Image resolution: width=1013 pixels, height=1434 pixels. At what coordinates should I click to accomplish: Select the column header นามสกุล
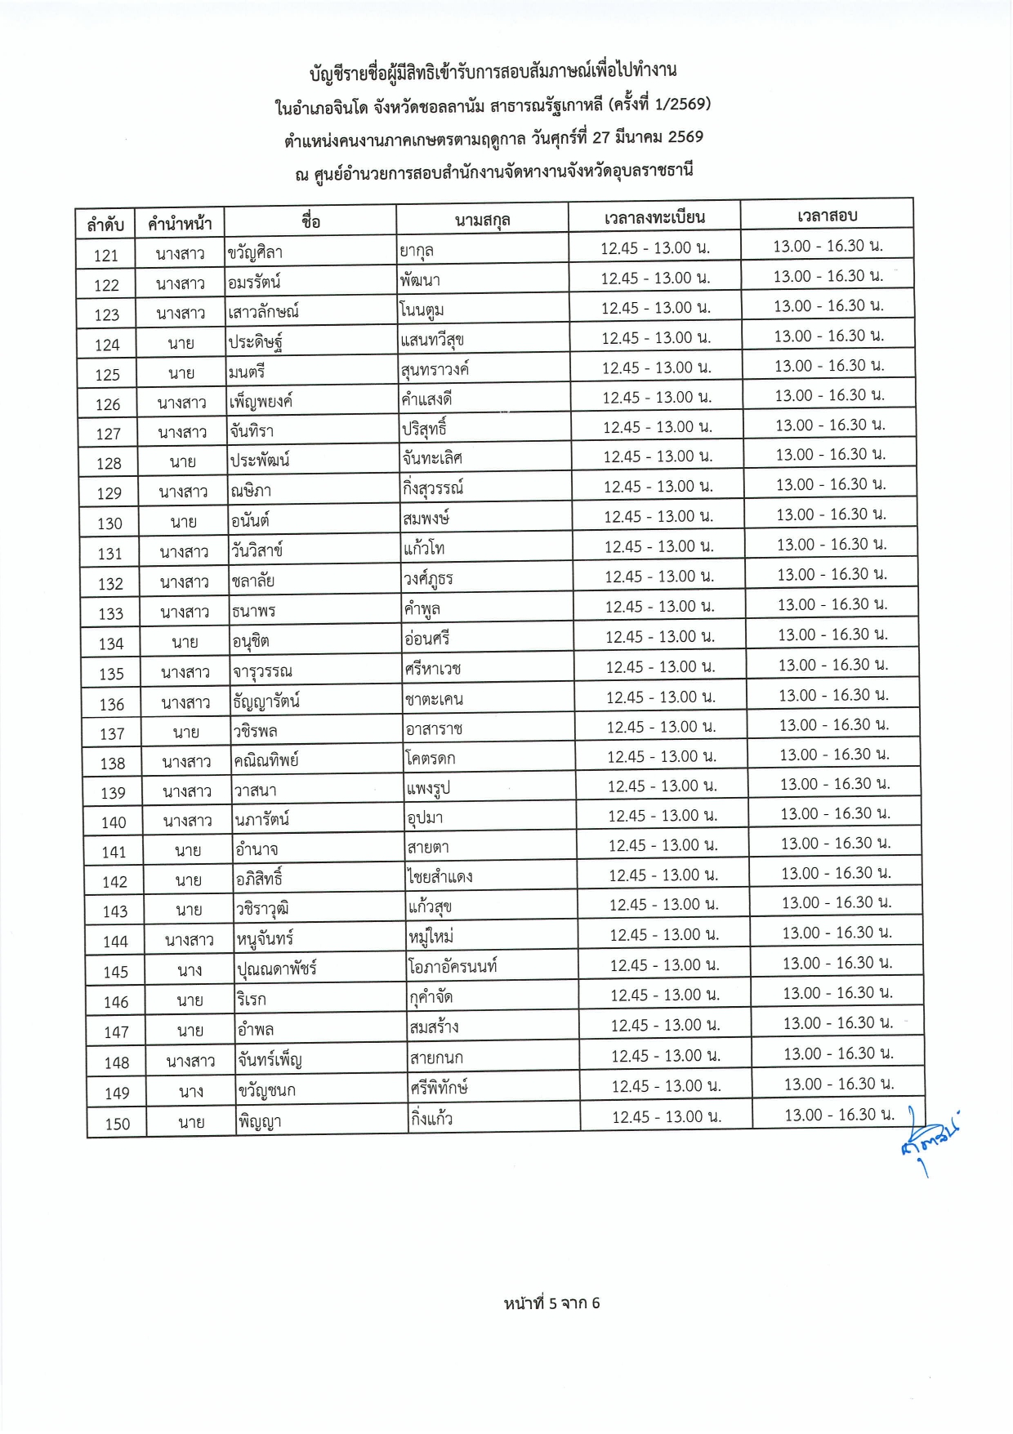pos(482,220)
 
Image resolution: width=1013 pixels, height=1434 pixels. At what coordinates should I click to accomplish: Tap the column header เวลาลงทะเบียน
pos(654,217)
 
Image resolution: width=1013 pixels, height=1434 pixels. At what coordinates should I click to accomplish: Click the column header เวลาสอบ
pos(827,216)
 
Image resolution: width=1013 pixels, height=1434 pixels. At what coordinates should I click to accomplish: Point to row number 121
pos(106,256)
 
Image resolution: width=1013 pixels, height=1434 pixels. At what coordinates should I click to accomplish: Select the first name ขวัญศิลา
pos(256,252)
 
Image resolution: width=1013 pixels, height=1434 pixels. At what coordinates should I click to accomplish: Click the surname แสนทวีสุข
pos(432,340)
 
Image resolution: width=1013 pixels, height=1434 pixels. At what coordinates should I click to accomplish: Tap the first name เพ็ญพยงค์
pos(261,401)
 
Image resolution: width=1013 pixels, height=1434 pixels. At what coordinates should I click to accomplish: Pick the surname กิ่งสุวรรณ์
pos(433,488)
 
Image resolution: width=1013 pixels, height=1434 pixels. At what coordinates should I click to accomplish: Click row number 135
pos(111,674)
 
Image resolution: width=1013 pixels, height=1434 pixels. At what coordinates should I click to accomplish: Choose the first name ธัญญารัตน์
pos(266,701)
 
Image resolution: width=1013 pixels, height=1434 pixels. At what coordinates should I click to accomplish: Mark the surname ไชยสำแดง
pos(440,877)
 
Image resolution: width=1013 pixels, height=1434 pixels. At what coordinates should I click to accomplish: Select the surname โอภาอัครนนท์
pos(453,967)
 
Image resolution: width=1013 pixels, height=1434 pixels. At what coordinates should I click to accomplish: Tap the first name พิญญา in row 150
pos(260,1121)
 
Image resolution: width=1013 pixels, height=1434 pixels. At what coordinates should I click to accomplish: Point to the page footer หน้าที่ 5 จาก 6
pos(551,1303)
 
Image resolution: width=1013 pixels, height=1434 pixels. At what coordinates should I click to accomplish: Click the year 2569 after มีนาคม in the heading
pos(685,137)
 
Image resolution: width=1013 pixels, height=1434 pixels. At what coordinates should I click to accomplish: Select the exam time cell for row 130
pos(831,514)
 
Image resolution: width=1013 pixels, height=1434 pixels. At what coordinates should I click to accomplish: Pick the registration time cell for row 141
pos(663,845)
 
